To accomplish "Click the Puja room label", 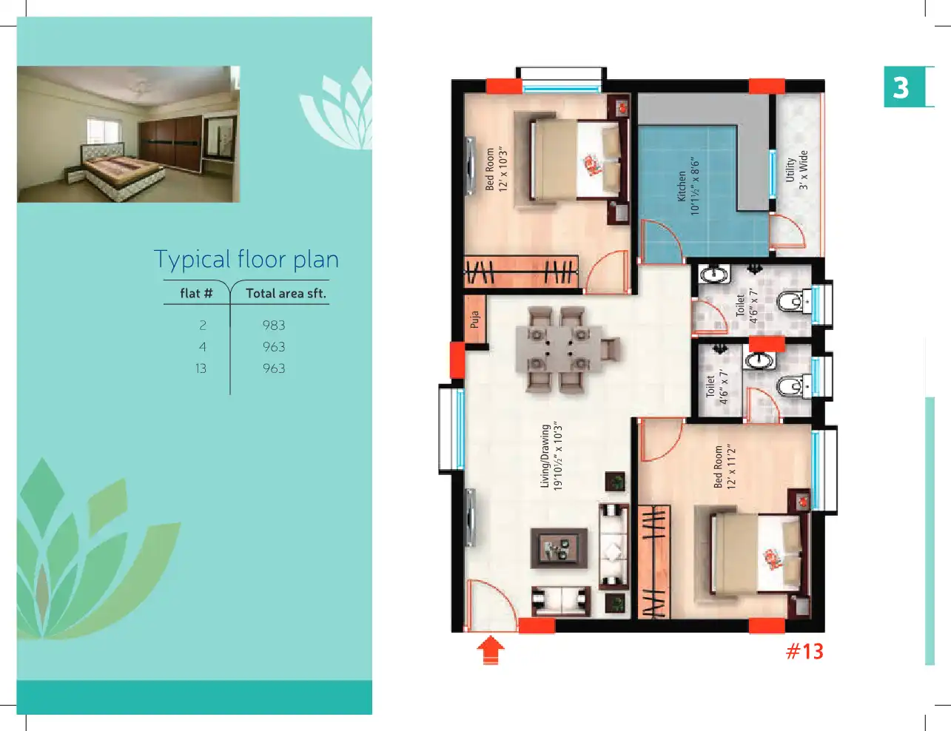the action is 475,320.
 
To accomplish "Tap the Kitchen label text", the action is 688,186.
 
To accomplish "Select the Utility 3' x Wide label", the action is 797,169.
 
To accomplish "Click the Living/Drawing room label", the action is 551,457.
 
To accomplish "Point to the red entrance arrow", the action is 491,650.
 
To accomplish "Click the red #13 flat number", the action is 804,651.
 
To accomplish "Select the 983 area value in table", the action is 274,326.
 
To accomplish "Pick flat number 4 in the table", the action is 202,347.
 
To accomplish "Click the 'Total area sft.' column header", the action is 286,293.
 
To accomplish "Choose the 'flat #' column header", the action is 196,293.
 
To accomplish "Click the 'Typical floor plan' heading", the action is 246,259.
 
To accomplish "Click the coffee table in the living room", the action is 559,548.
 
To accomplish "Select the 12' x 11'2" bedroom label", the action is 725,467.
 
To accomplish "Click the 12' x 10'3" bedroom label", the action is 497,169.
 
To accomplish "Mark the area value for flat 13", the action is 274,368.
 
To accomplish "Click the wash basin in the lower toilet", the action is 759,361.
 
